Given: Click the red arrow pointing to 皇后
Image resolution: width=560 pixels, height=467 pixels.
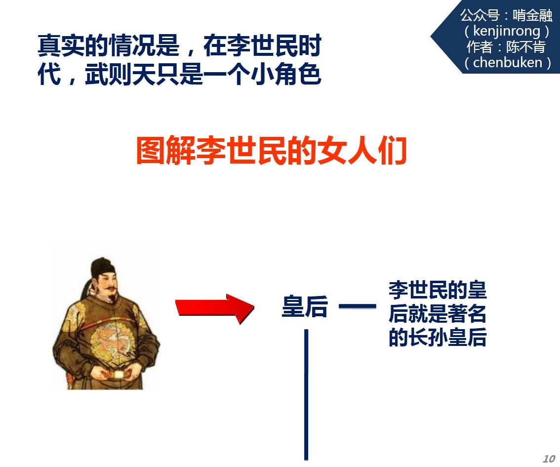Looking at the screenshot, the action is tap(215, 308).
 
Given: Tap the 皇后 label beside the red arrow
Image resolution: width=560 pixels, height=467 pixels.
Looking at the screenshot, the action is tap(305, 306).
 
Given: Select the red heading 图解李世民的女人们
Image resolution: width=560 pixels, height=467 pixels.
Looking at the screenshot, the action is tap(272, 150).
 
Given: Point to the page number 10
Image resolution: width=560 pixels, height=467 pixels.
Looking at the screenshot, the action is tap(549, 459).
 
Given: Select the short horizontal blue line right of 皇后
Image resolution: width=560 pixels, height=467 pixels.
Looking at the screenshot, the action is tap(357, 306).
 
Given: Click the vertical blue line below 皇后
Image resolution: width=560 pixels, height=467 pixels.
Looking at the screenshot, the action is tap(306, 394).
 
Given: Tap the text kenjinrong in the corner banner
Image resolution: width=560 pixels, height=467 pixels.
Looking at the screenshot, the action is tap(507, 31).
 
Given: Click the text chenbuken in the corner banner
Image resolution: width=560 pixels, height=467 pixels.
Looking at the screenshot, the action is tap(508, 63).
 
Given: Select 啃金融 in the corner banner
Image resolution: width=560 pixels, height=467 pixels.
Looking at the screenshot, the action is tap(532, 15).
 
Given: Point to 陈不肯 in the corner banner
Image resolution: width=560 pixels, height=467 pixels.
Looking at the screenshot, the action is tap(526, 47).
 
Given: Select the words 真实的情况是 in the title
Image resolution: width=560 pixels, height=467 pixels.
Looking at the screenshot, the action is tap(108, 45).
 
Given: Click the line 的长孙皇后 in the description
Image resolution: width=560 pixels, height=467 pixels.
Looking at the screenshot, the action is tap(438, 337).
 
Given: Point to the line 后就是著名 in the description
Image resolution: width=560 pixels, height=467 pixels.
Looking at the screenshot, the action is tap(438, 313).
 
